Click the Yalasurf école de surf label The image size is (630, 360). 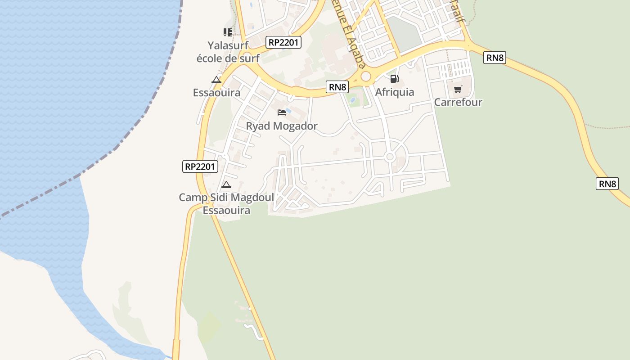point(228,51)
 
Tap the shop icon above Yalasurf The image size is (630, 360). point(227,32)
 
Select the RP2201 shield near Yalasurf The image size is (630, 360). point(283,42)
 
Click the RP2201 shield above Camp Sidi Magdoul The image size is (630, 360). point(201,166)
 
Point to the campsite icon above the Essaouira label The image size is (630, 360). point(216,80)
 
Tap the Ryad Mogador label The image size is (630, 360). point(282,126)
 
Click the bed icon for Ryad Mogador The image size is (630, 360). point(282,112)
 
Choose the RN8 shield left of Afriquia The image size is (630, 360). point(337,87)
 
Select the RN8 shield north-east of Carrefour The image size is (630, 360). point(495,57)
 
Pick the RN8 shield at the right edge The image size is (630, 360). point(607,184)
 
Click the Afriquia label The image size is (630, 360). point(395,92)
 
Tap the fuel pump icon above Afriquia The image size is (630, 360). point(394,79)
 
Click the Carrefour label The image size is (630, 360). point(458,102)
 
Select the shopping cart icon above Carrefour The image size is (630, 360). point(458,89)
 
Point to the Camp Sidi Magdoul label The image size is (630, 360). point(226,203)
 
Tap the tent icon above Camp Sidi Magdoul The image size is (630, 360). point(226,184)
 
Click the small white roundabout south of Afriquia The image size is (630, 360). point(390,157)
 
